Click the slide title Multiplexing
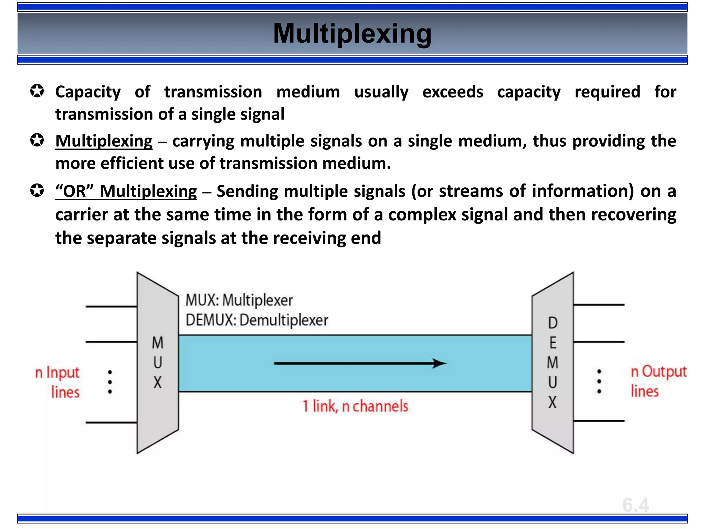click(x=352, y=34)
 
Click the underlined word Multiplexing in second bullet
click(x=104, y=141)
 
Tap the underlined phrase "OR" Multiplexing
click(x=126, y=191)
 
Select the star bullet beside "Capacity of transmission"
click(x=37, y=92)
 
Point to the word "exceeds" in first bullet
click(x=453, y=92)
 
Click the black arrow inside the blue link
click(x=360, y=363)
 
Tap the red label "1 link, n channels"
click(x=355, y=406)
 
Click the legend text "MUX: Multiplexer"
click(x=239, y=300)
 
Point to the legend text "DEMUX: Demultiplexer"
click(x=257, y=320)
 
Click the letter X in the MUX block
click(x=158, y=383)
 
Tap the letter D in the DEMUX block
click(x=553, y=323)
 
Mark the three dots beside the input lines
click(x=110, y=382)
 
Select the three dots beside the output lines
click(x=599, y=381)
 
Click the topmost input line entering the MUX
click(x=111, y=306)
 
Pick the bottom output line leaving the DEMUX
click(x=599, y=421)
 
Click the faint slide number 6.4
click(x=635, y=505)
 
